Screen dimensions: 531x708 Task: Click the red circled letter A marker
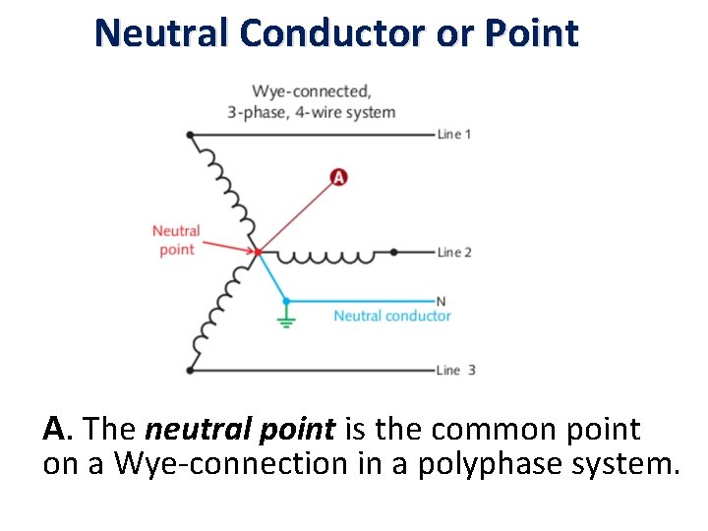338,177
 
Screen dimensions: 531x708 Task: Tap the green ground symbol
286,319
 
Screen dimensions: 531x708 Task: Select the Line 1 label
454,134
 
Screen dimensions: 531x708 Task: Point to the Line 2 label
454,252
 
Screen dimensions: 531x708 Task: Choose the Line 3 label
456,370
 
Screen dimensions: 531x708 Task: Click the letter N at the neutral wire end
441,301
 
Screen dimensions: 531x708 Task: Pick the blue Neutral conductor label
391,316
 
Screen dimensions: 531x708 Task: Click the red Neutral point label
176,240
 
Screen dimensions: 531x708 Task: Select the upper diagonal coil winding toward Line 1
224,192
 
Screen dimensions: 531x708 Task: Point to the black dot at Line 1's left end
189,134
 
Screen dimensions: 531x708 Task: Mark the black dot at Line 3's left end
189,370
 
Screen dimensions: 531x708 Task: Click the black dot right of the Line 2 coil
393,252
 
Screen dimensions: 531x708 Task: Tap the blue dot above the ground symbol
286,300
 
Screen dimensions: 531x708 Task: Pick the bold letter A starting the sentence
54,430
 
